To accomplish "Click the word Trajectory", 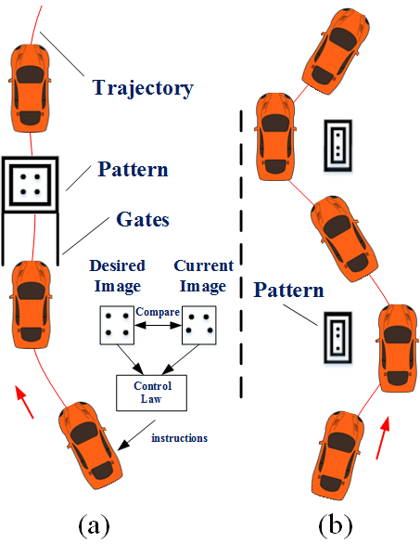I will click(x=142, y=88).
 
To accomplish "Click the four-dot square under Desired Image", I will click(x=115, y=324).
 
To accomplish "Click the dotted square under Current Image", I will click(x=199, y=324).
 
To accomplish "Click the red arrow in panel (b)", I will click(x=383, y=436).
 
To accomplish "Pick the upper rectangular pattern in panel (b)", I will click(x=339, y=144).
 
